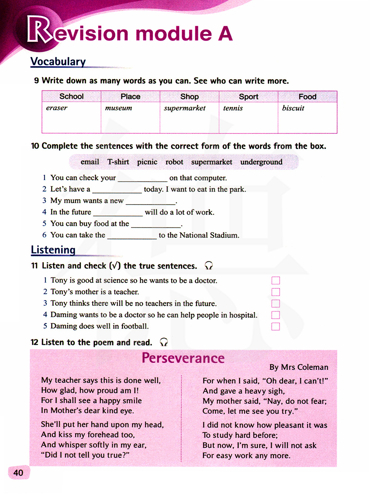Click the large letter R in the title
tap(38, 30)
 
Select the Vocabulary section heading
tap(58, 61)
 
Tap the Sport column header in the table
tap(248, 97)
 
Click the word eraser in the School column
tap(57, 108)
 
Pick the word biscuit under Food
tap(293, 108)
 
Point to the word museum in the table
tap(118, 108)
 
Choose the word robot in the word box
tap(174, 162)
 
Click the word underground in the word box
tap(261, 162)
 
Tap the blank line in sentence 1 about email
tap(142, 179)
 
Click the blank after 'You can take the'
tap(132, 236)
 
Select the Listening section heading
tap(53, 250)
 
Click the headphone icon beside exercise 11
tap(209, 265)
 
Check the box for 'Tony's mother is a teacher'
tap(276, 292)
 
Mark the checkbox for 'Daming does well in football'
tap(276, 326)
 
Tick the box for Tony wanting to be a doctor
tap(276, 281)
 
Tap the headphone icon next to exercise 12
tap(164, 342)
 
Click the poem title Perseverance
tap(183, 358)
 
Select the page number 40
tap(18, 473)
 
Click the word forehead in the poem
tap(105, 435)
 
